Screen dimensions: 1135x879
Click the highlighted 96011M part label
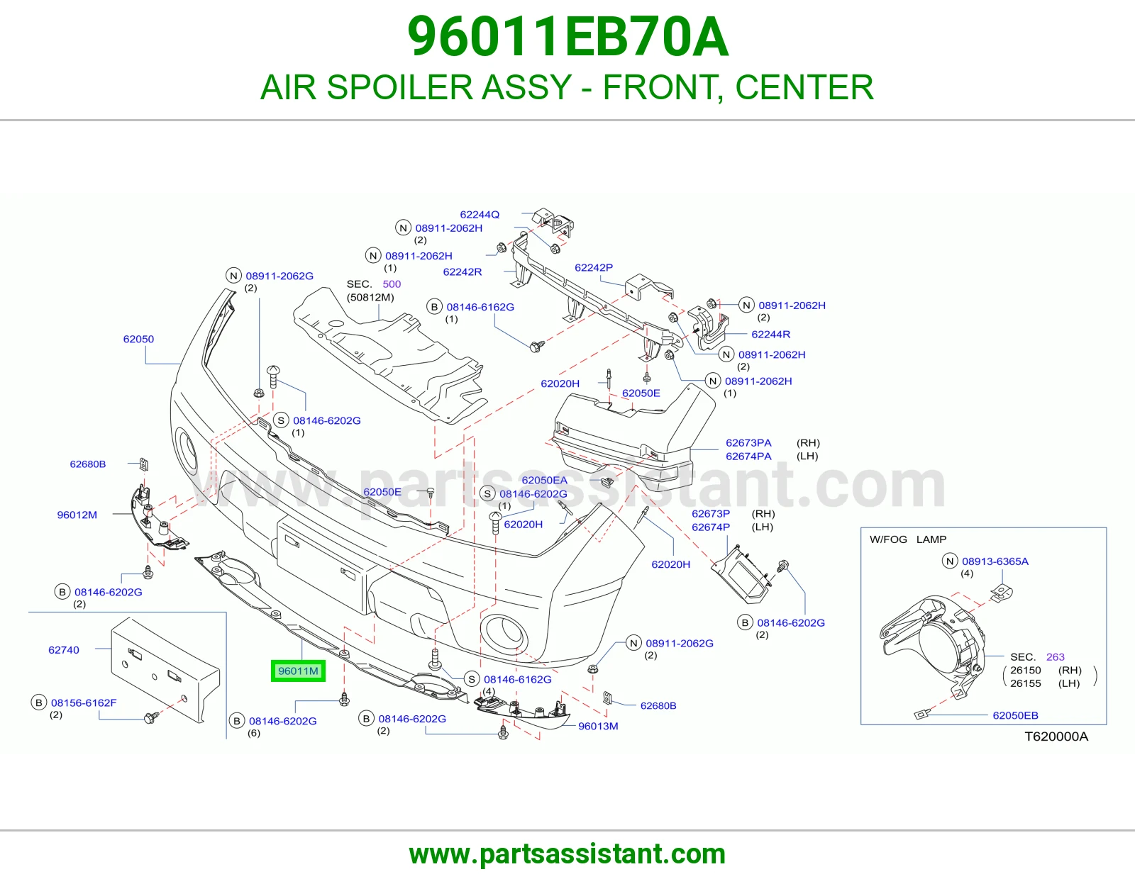tap(298, 671)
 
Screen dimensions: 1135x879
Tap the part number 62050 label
tap(138, 339)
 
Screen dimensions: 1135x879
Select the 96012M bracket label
tap(77, 515)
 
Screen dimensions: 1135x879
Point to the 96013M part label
tap(598, 726)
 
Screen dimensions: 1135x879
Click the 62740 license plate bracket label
tap(64, 650)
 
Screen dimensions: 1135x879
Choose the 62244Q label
tap(480, 215)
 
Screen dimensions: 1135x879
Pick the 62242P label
tap(594, 267)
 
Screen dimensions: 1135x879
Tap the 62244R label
tap(771, 334)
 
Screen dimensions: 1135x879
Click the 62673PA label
tap(748, 442)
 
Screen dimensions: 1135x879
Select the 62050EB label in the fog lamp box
tap(1015, 715)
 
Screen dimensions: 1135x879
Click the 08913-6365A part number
tap(995, 561)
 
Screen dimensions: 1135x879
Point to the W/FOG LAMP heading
tap(908, 539)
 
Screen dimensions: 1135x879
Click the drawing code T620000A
tap(1056, 737)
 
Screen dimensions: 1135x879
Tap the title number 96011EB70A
tap(567, 37)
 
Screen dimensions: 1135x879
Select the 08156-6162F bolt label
tap(84, 702)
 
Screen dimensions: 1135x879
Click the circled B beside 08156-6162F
tap(38, 702)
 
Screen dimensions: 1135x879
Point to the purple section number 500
tap(392, 284)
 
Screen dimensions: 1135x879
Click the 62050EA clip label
tap(544, 480)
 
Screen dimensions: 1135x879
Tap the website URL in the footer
tap(567, 854)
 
